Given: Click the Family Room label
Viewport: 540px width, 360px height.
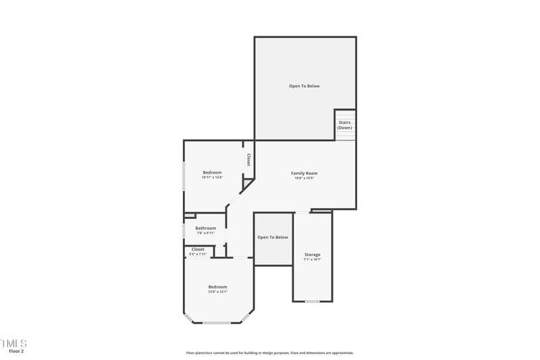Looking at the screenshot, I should pos(304,173).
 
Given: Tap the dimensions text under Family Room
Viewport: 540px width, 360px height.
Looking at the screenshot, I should pos(304,178).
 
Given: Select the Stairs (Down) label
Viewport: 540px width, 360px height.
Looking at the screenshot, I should pos(344,125).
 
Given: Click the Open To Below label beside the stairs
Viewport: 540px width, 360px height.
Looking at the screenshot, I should pos(304,86).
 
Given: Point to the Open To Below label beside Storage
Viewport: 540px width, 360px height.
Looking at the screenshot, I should pos(273,237).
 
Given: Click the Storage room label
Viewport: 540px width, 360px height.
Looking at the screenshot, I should pos(312,255).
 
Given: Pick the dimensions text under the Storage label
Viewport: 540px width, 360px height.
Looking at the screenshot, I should pos(312,259).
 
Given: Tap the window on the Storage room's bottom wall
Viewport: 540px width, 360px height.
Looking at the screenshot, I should pos(312,301).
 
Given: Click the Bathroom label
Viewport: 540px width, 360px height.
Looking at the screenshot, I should pos(206,228).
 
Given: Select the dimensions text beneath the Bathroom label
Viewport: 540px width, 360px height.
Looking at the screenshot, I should pos(206,233).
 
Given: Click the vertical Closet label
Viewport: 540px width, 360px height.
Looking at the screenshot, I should pos(248,160).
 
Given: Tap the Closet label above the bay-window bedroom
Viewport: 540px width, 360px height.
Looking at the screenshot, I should pos(198,249).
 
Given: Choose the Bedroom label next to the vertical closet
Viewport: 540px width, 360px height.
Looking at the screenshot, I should pos(213,172).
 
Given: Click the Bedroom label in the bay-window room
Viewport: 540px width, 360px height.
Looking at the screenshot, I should pos(217,286).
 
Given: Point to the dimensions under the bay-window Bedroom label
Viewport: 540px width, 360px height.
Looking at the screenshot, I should pos(217,292).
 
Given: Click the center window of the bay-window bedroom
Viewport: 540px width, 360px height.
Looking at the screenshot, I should pos(217,323).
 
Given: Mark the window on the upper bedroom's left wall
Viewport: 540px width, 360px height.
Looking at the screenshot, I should pos(184,176).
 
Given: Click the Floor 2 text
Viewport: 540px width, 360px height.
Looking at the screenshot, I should pos(16,351).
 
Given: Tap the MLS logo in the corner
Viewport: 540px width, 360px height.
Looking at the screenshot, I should pos(13,343).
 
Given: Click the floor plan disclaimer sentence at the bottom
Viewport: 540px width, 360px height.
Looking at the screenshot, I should pos(270,353).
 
